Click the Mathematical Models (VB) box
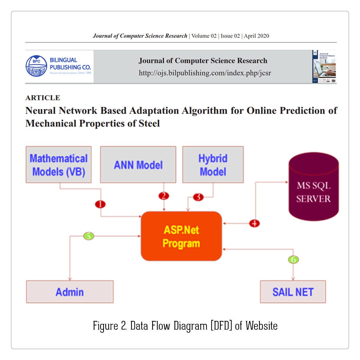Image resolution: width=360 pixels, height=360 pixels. [58, 164]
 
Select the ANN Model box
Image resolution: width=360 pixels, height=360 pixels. [138, 164]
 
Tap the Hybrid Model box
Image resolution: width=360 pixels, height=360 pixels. [213, 164]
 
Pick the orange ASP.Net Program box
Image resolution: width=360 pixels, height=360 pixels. [181, 236]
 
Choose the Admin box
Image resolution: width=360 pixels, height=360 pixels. [70, 292]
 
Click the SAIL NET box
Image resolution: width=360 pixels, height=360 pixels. [293, 292]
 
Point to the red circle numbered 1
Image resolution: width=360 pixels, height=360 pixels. [101, 204]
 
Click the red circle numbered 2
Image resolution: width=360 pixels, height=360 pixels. [164, 196]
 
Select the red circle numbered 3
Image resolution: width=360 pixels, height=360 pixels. [199, 197]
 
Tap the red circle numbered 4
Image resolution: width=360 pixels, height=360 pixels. [254, 223]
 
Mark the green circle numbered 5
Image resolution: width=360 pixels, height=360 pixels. [89, 236]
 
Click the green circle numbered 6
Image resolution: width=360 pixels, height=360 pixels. [293, 259]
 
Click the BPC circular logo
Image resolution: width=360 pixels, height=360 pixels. [36, 66]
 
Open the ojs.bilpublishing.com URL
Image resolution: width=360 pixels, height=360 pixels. [205, 73]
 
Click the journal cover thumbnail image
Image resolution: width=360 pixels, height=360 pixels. [324, 67]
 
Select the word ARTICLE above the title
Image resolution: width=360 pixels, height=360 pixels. [43, 98]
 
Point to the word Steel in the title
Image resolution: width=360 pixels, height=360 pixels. [148, 123]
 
